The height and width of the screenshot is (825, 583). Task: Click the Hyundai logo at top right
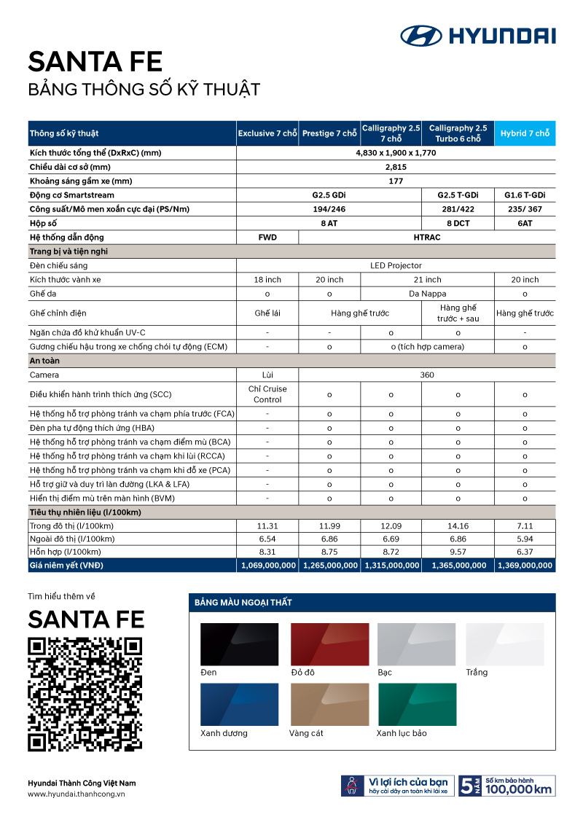[477, 36]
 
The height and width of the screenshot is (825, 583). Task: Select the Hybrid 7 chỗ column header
[525, 133]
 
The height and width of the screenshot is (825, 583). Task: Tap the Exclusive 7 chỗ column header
[267, 133]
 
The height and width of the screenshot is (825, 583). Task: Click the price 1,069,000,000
[267, 565]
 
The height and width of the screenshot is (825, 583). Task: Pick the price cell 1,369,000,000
[525, 565]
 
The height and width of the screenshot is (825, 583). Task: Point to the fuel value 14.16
[458, 525]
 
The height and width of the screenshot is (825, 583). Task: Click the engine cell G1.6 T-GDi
[525, 195]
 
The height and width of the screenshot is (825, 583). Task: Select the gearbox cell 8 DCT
[458, 223]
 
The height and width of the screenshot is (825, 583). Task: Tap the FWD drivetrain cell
[267, 237]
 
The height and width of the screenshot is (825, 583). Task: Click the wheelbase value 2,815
[396, 168]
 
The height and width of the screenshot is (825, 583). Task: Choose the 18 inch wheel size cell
[267, 280]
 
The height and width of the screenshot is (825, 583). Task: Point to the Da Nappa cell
[427, 294]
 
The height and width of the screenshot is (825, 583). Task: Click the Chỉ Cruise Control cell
[267, 394]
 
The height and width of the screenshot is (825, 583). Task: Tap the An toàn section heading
[45, 361]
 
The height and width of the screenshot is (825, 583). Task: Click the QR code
[85, 694]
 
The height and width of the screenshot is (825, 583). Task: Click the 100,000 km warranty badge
[507, 785]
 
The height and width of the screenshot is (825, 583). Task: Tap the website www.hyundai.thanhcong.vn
[77, 794]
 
